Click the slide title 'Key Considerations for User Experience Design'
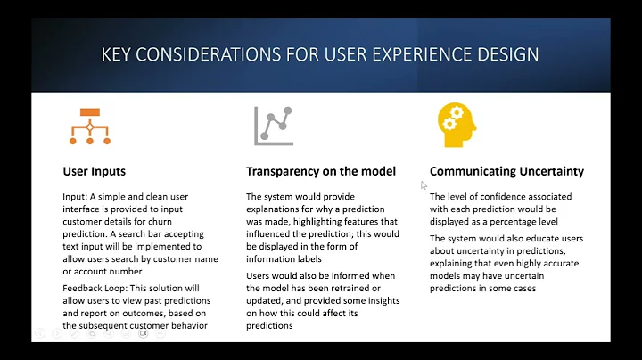point(320,54)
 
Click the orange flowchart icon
point(89,127)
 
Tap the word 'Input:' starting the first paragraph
point(78,196)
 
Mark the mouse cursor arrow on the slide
point(424,185)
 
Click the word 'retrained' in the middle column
point(333,289)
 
